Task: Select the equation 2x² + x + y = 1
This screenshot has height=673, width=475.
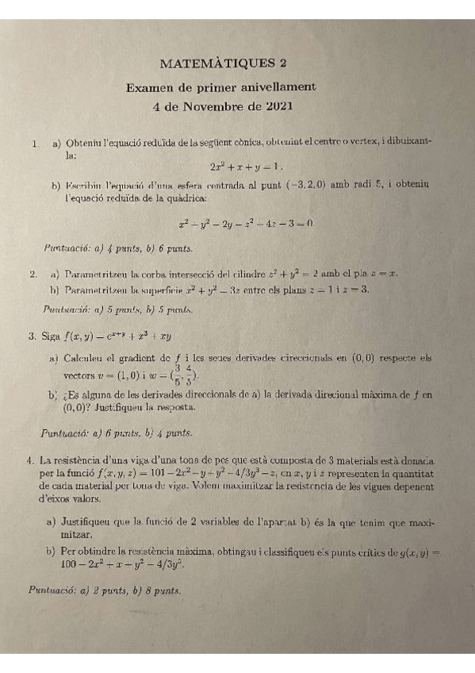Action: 247,167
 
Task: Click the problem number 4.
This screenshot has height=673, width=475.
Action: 29,460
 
